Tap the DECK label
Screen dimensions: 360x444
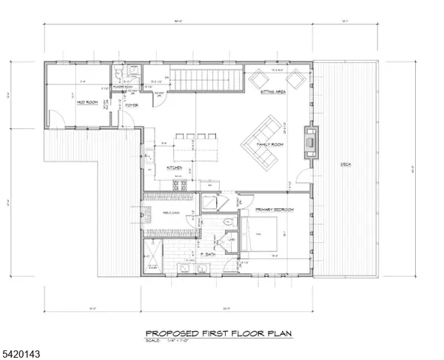[346, 164]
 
